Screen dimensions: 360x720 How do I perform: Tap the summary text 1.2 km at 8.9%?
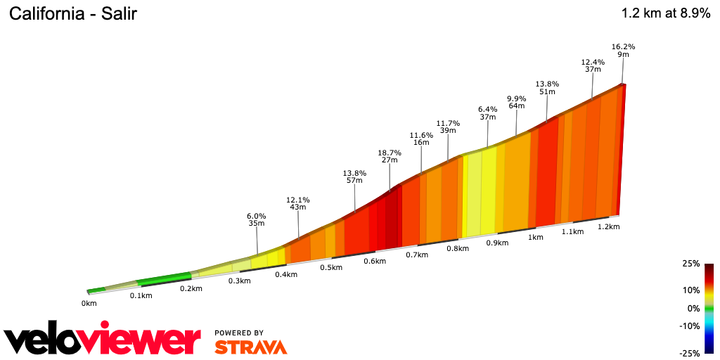pyautogui.click(x=665, y=13)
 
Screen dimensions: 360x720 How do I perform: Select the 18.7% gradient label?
pyautogui.click(x=390, y=153)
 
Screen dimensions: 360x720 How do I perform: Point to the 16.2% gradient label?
pyautogui.click(x=624, y=47)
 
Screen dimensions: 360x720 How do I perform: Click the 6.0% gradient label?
pyautogui.click(x=257, y=216)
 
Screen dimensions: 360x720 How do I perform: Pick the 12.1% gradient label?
pyautogui.click(x=298, y=200)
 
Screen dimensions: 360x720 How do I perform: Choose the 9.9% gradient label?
pyautogui.click(x=517, y=98)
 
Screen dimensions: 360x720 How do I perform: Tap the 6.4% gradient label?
pyautogui.click(x=487, y=109)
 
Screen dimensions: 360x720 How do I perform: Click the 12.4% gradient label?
pyautogui.click(x=593, y=62)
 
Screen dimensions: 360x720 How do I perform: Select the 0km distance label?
pyautogui.click(x=89, y=303)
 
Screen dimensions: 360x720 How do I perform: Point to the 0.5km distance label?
pyautogui.click(x=331, y=267)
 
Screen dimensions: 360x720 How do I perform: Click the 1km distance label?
pyautogui.click(x=536, y=237)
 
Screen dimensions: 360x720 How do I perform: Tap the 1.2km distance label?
pyautogui.click(x=609, y=226)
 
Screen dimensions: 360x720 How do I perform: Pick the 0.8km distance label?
pyautogui.click(x=458, y=248)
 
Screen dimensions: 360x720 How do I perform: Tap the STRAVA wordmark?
pyautogui.click(x=250, y=347)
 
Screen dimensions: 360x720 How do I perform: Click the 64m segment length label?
pyautogui.click(x=517, y=106)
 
